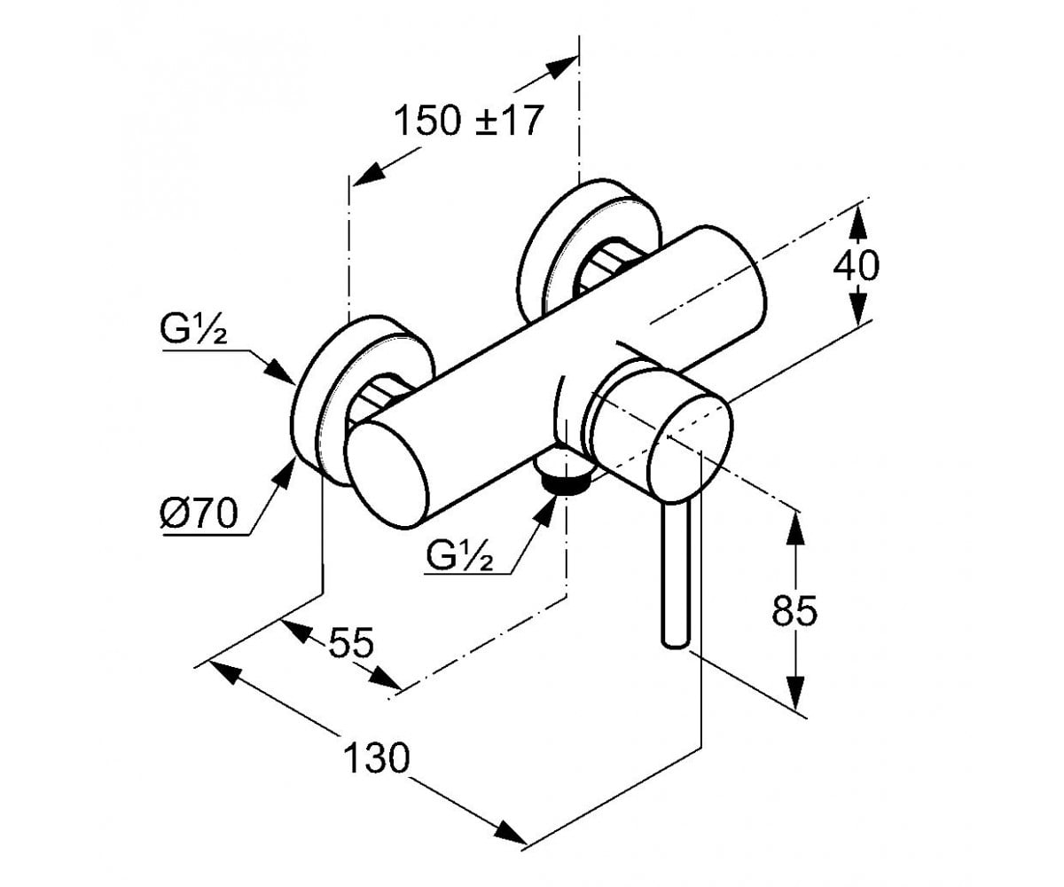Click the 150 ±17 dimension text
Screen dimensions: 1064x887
(x=467, y=122)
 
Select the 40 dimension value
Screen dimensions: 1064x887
(x=857, y=265)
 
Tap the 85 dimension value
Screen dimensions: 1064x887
(x=794, y=610)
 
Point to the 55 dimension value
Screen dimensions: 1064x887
(x=351, y=642)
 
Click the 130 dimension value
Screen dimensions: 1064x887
(x=377, y=758)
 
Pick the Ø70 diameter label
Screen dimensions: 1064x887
(x=199, y=513)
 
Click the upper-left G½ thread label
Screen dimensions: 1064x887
(x=193, y=330)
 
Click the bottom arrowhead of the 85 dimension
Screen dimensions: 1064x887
(x=795, y=692)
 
